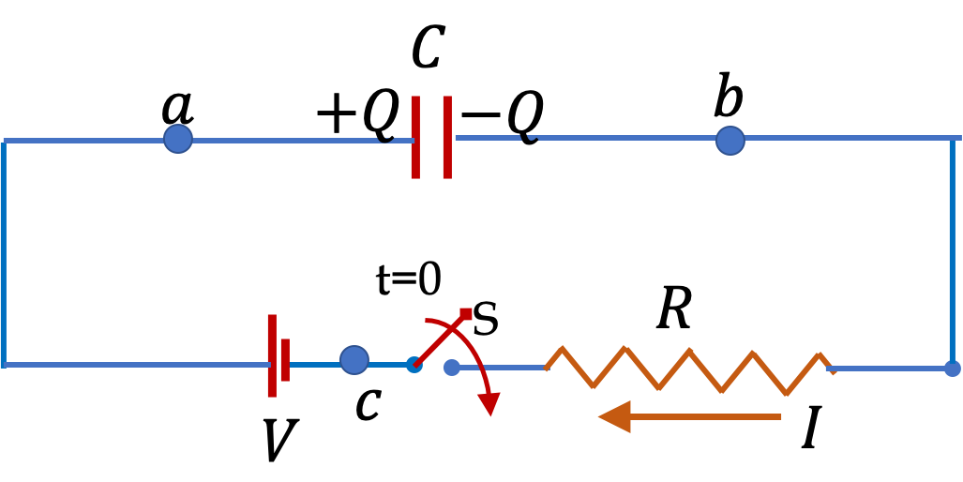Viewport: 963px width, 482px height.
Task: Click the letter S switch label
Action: [486, 320]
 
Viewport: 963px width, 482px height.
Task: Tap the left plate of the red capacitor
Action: [415, 137]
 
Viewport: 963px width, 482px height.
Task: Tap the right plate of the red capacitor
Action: [447, 137]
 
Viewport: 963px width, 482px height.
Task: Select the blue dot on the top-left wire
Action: [178, 139]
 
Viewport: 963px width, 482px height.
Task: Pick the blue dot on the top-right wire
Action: [730, 141]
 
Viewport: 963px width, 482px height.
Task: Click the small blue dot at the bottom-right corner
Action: [952, 369]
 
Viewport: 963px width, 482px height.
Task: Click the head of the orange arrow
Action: [614, 416]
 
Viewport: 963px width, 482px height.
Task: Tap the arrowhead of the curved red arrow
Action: [489, 403]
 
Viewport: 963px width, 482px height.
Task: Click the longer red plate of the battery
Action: [272, 355]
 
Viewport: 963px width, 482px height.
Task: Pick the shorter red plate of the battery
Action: [285, 360]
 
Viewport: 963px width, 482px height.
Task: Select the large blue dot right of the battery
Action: [354, 360]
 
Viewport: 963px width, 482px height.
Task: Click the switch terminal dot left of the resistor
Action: [452, 368]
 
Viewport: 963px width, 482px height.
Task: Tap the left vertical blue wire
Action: [3, 253]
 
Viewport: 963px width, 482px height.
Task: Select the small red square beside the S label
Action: [465, 314]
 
